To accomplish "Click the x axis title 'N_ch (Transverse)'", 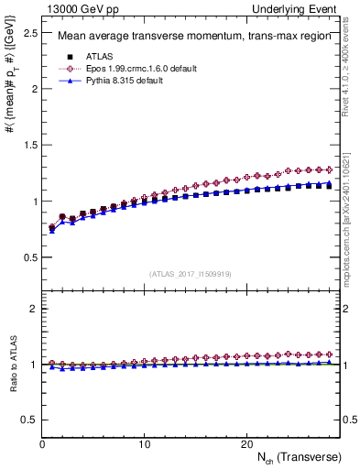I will pyautogui.click(x=301, y=457).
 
